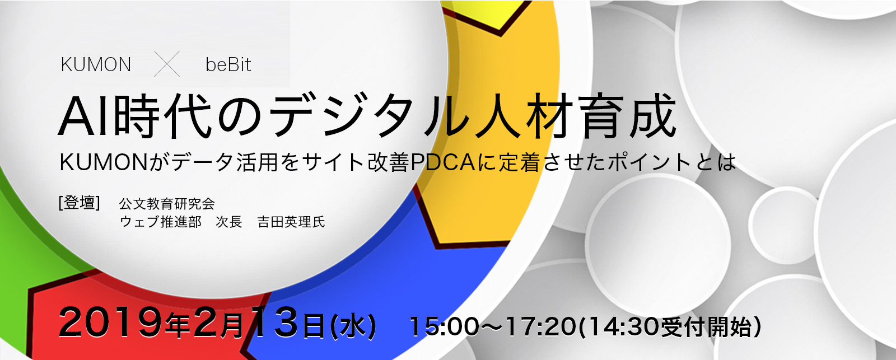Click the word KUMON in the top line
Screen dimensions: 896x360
[x=96, y=65]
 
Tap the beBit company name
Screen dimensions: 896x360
[x=228, y=65]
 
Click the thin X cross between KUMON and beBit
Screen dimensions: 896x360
[x=167, y=64]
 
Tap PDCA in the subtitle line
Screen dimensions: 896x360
[x=443, y=162]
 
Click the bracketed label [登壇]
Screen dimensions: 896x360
[x=79, y=203]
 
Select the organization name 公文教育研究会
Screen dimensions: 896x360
[x=167, y=204]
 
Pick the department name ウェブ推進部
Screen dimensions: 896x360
[x=160, y=222]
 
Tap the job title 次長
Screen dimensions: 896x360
[x=229, y=222]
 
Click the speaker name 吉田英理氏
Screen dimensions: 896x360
[x=291, y=222]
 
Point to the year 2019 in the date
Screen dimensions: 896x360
[x=110, y=323]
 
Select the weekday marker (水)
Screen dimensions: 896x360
[x=353, y=326]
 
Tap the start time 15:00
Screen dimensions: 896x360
[x=444, y=326]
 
